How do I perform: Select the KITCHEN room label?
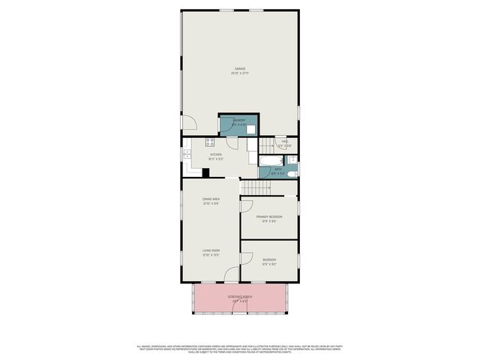pos(215,156)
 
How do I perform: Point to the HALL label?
pos(285,143)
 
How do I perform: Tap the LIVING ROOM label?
pos(210,252)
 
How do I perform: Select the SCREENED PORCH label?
pos(240,298)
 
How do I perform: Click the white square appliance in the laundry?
pos(250,128)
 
